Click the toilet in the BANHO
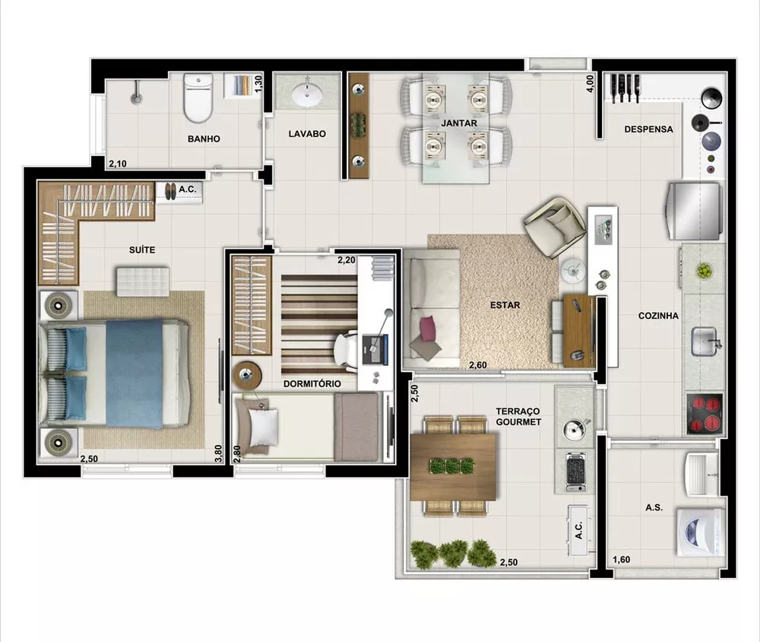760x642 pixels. [198, 99]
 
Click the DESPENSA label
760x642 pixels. [648, 129]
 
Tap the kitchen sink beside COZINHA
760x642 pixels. [706, 341]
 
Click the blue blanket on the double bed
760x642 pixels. [135, 373]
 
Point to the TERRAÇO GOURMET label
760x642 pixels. [518, 415]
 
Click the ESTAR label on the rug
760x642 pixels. [505, 305]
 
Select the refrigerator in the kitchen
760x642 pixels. [693, 211]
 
